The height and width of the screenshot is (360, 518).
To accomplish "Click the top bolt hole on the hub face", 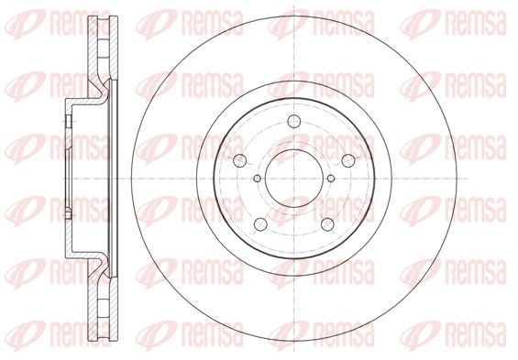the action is coord(293,121).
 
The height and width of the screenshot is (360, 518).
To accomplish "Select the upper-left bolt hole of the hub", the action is coord(240,160).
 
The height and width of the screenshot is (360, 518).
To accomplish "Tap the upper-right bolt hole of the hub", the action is coord(347,160).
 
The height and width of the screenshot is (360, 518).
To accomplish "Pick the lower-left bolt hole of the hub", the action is coord(260,224).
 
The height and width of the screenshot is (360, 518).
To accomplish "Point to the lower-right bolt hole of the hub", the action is coord(327,224).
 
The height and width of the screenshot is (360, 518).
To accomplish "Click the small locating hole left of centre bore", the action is coord(257,179).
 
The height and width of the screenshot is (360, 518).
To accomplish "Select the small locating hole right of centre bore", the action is coord(331,179).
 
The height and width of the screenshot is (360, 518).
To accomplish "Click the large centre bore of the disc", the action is coord(293,179).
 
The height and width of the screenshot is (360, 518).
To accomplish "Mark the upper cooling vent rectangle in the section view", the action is coord(104,49).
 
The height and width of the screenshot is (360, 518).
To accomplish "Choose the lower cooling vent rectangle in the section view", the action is coord(104,309).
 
